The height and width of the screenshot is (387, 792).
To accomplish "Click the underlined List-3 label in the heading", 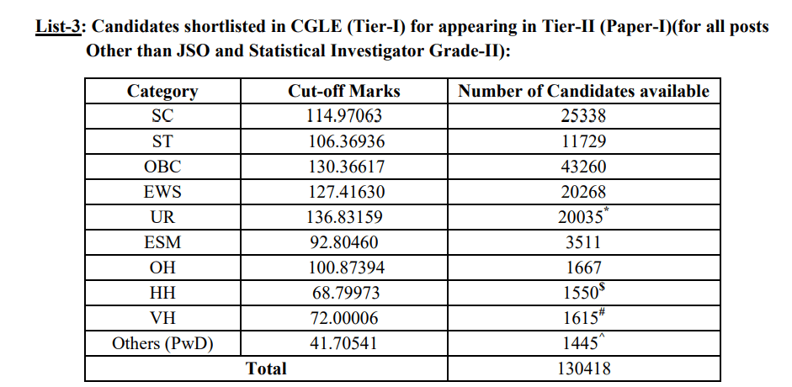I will (x=57, y=26).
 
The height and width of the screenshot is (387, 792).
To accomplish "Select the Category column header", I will (x=162, y=91).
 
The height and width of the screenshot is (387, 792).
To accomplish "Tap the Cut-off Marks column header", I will (x=344, y=91).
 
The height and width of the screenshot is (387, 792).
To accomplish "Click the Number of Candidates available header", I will (x=583, y=91).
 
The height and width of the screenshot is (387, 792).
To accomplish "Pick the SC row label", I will (x=162, y=116).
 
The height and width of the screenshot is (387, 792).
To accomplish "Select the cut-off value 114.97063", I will (x=344, y=116).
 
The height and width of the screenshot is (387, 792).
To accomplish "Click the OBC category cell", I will (x=162, y=167).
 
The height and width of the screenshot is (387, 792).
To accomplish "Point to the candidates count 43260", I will (x=583, y=167).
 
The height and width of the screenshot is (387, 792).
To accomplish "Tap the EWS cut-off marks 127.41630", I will (x=344, y=192).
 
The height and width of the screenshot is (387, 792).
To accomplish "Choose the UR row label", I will (x=162, y=217).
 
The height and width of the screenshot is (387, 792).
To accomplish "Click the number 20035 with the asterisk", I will (x=582, y=217).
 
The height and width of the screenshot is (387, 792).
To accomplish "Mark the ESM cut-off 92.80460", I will (x=344, y=242).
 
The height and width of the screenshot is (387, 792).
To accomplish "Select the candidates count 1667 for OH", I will (x=583, y=268).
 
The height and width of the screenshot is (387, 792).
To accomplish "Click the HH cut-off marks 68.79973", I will (x=344, y=293).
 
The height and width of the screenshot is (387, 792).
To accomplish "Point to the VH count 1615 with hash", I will (x=582, y=318).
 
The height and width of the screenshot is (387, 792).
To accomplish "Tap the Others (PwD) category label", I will (x=162, y=343).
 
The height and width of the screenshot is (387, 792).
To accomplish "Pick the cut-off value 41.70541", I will (x=344, y=343).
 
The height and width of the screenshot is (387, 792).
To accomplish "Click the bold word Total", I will (x=266, y=368).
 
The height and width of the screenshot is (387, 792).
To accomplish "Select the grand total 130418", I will (x=583, y=368).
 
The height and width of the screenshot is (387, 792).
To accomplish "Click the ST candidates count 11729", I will (x=583, y=141).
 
